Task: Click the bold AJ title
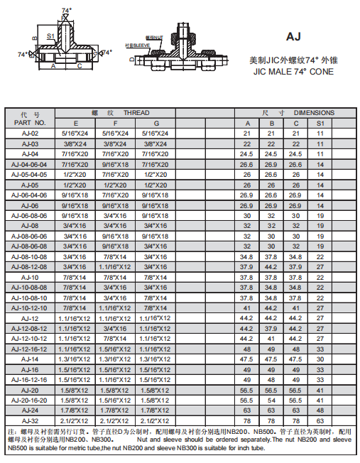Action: [294, 37]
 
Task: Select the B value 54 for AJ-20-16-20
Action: [271, 400]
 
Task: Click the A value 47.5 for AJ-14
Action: [246, 359]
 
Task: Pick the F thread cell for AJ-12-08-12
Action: [115, 329]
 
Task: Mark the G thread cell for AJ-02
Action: [156, 134]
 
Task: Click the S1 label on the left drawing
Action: [51, 35]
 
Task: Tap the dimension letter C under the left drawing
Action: [79, 67]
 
